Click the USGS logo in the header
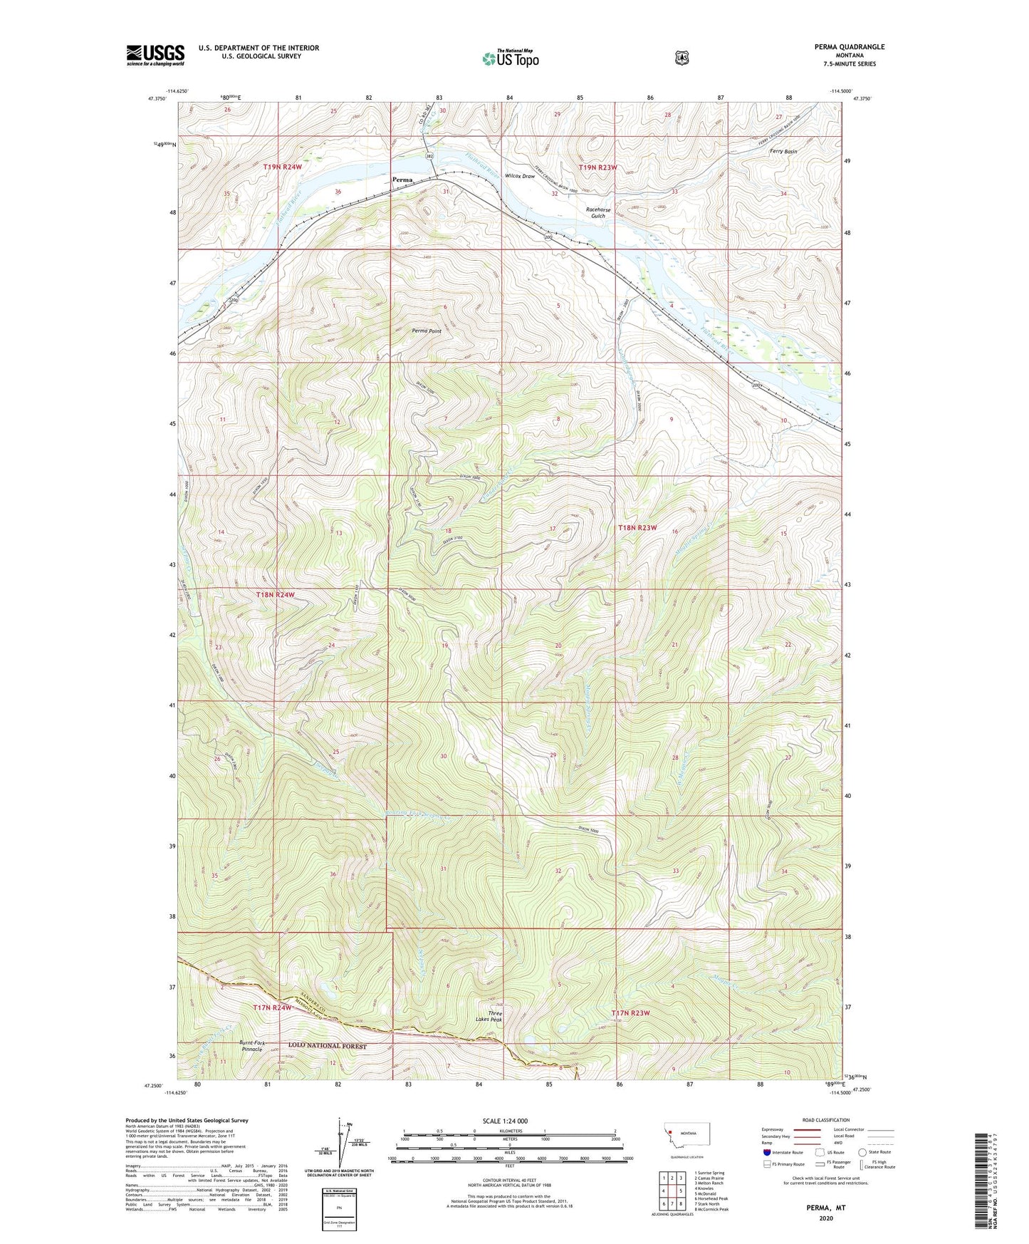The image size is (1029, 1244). coord(155,55)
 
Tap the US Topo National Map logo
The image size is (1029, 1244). coord(510,58)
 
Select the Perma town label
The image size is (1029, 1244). coord(402,180)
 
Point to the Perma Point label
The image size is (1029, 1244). coord(427,331)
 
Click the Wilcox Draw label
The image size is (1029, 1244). coord(519,176)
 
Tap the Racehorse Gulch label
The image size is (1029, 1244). coord(597,212)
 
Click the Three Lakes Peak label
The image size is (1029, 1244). coord(495,1017)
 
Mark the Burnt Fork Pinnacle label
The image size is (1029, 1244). coord(251,1046)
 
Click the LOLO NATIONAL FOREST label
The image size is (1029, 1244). coord(327,1046)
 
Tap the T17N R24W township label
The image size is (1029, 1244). coord(273,1007)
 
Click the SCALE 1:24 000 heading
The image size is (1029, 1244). coord(505,1121)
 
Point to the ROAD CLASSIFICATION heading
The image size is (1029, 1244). coord(825,1120)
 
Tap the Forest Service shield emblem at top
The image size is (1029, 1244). coord(681,58)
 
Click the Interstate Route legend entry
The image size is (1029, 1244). coord(783,1152)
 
